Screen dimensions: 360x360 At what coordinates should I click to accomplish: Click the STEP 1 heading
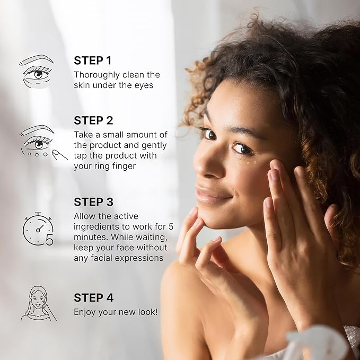93,60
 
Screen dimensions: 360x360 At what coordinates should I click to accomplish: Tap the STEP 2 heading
93,120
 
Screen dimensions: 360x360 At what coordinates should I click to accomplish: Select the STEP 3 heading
93,202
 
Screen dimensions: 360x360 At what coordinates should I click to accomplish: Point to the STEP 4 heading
93,298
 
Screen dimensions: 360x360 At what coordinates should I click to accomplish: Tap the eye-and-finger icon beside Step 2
42,143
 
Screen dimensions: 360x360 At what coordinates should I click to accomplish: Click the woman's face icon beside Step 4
37,304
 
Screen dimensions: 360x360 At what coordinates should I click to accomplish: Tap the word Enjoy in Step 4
85,312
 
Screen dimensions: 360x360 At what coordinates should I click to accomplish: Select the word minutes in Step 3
89,238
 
